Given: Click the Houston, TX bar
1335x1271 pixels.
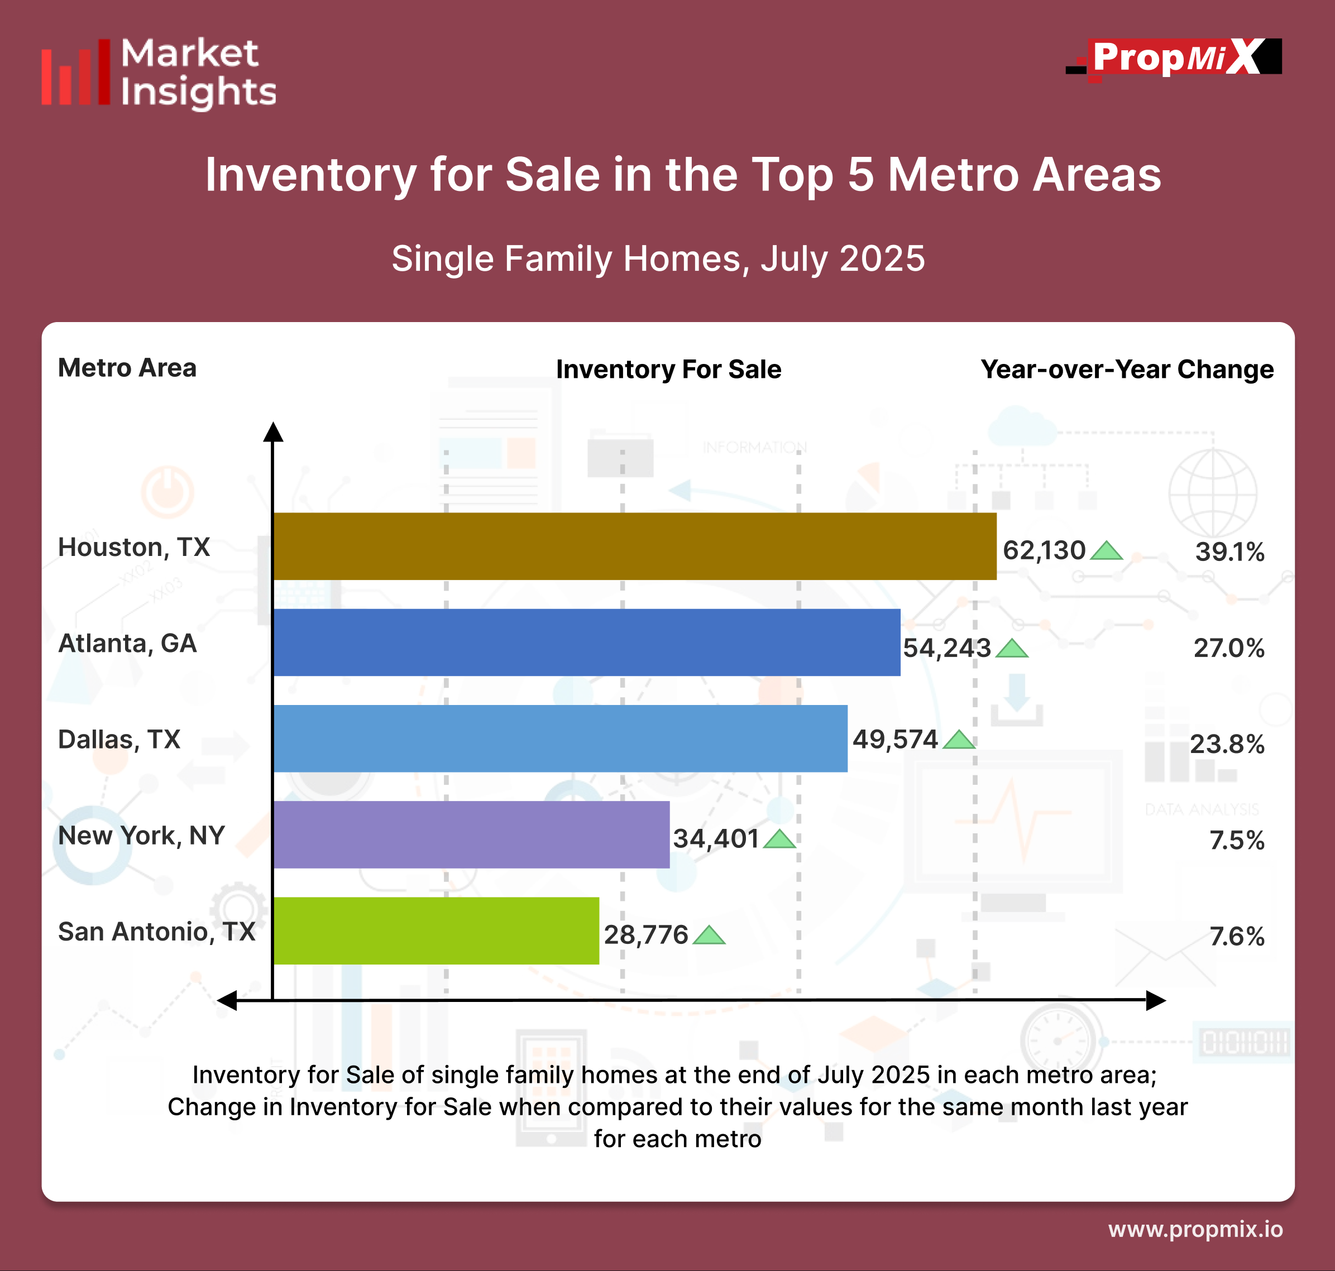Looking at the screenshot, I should (x=634, y=546).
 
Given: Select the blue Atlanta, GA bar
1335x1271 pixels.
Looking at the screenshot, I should (x=587, y=642).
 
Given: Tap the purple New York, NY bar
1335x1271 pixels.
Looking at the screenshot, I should (x=471, y=834).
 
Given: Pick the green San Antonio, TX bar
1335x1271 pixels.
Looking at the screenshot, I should (x=436, y=931).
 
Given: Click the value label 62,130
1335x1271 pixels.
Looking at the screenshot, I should (x=1044, y=550).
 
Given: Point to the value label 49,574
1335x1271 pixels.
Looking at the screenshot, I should (x=894, y=739).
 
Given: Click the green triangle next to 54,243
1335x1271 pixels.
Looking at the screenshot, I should (x=1012, y=649).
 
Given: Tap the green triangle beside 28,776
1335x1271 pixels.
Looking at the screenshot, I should (x=710, y=936).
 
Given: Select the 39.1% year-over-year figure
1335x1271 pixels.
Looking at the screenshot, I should (x=1229, y=552).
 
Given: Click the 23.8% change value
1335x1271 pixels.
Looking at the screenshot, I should (x=1227, y=745).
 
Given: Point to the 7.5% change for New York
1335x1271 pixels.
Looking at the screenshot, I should (x=1236, y=841).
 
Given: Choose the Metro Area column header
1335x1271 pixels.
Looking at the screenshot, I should (x=127, y=368).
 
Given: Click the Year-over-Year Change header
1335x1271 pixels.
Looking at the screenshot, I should (x=1127, y=369).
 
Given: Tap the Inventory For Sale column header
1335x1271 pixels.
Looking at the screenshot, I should (x=668, y=369).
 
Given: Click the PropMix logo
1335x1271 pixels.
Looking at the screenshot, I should (x=1174, y=58).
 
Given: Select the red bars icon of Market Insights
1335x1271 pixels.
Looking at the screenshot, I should (x=75, y=73).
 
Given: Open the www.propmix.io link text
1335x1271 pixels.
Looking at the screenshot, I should (x=1195, y=1229).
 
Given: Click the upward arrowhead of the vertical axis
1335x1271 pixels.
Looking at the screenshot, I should (x=273, y=431).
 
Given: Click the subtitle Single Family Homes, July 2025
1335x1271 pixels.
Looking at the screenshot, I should (x=658, y=259).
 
